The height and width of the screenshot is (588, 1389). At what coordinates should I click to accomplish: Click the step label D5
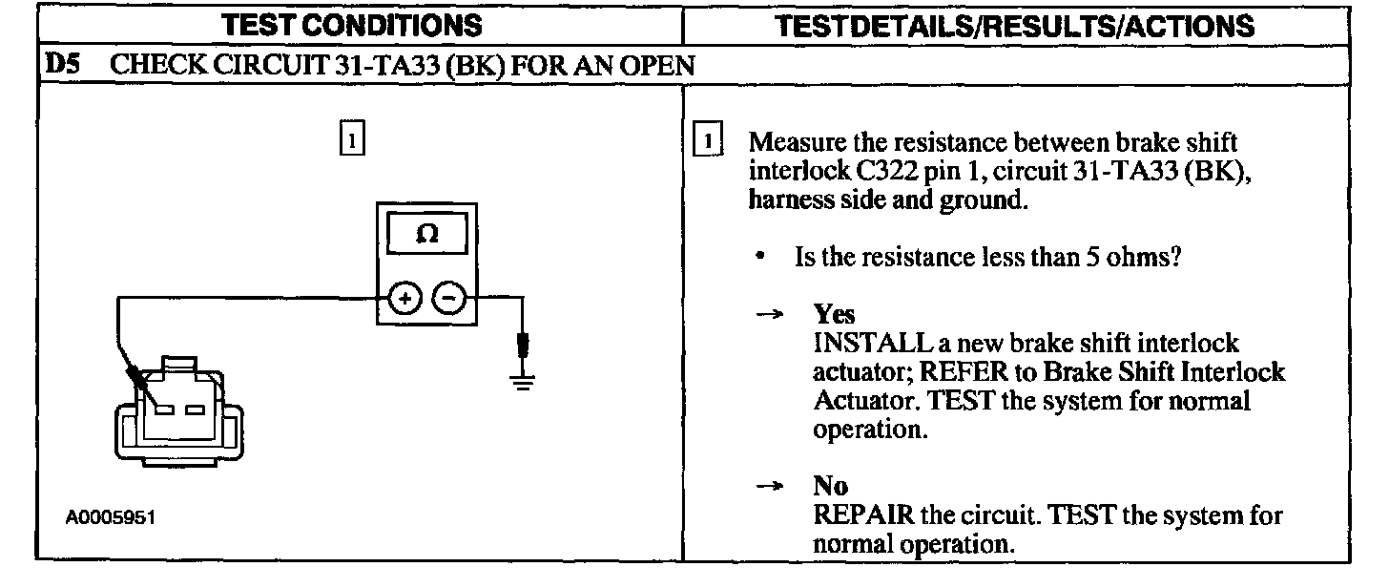(x=61, y=66)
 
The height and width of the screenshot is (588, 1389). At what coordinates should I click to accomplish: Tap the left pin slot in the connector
(x=166, y=409)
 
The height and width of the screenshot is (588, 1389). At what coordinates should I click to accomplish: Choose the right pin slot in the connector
(x=198, y=409)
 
